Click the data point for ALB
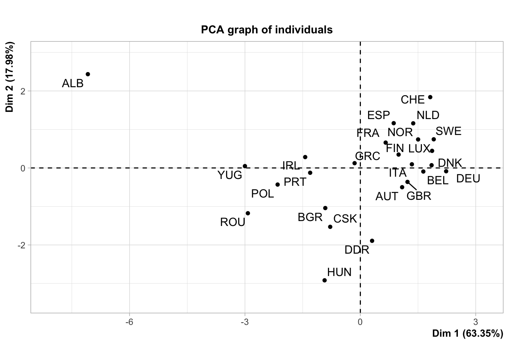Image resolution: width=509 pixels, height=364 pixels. (88, 74)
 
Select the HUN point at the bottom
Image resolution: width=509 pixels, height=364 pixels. (325, 280)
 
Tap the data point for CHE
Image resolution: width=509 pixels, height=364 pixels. (430, 97)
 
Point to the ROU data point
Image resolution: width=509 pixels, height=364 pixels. (248, 213)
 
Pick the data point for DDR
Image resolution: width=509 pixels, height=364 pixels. (372, 241)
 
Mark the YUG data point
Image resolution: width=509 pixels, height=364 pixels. (245, 166)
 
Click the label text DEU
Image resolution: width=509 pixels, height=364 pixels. (468, 179)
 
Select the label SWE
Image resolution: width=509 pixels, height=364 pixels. (448, 131)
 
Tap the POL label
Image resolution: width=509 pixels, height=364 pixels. (262, 194)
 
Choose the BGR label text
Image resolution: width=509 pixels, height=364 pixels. (310, 217)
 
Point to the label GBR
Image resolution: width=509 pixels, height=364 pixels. (419, 196)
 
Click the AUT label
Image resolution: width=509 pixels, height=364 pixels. (387, 196)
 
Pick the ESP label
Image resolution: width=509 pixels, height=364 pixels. (378, 115)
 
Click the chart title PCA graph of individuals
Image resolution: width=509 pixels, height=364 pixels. (267, 30)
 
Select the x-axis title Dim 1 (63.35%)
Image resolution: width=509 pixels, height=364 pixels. (467, 333)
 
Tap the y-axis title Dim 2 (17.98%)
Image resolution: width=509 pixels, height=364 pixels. (10, 77)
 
